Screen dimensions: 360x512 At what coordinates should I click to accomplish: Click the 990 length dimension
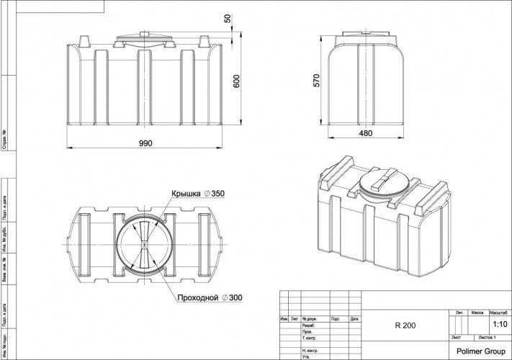[x=145, y=143]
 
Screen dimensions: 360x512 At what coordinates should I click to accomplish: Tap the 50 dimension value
[x=228, y=18]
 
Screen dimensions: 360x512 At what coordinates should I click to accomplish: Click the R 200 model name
[x=404, y=325]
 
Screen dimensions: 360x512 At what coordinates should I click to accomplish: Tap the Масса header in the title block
[x=477, y=314]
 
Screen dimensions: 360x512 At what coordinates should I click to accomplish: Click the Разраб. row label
[x=310, y=325]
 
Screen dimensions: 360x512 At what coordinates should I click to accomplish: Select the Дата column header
[x=354, y=318]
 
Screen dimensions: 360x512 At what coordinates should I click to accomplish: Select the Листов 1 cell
[x=493, y=337]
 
